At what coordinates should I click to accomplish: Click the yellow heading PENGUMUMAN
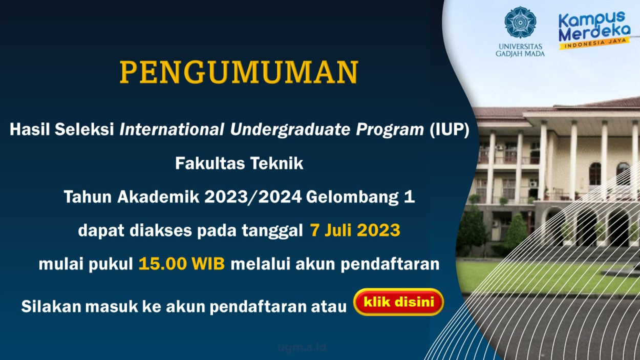[x=239, y=72]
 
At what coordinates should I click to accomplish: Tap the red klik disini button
[x=398, y=302]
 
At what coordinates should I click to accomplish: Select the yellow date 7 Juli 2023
[x=355, y=230]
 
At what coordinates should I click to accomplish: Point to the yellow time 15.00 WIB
[x=182, y=264]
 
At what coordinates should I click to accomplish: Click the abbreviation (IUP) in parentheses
[x=450, y=130]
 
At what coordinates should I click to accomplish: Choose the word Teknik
[x=276, y=163]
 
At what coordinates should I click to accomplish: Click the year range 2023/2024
[x=253, y=197]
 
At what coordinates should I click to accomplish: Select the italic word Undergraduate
[x=290, y=130]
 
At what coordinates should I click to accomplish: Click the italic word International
[x=172, y=130]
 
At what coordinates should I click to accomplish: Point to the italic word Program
[x=390, y=130]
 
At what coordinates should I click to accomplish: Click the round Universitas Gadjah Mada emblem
[x=520, y=23]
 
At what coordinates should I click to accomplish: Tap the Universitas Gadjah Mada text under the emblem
[x=520, y=50]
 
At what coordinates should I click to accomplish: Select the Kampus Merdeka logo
[x=594, y=30]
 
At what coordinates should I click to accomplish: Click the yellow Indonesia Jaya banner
[x=594, y=44]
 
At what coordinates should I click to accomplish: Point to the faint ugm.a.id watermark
[x=302, y=347]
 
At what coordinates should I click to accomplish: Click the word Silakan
[x=51, y=306]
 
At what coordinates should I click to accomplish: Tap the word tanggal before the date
[x=272, y=231]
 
